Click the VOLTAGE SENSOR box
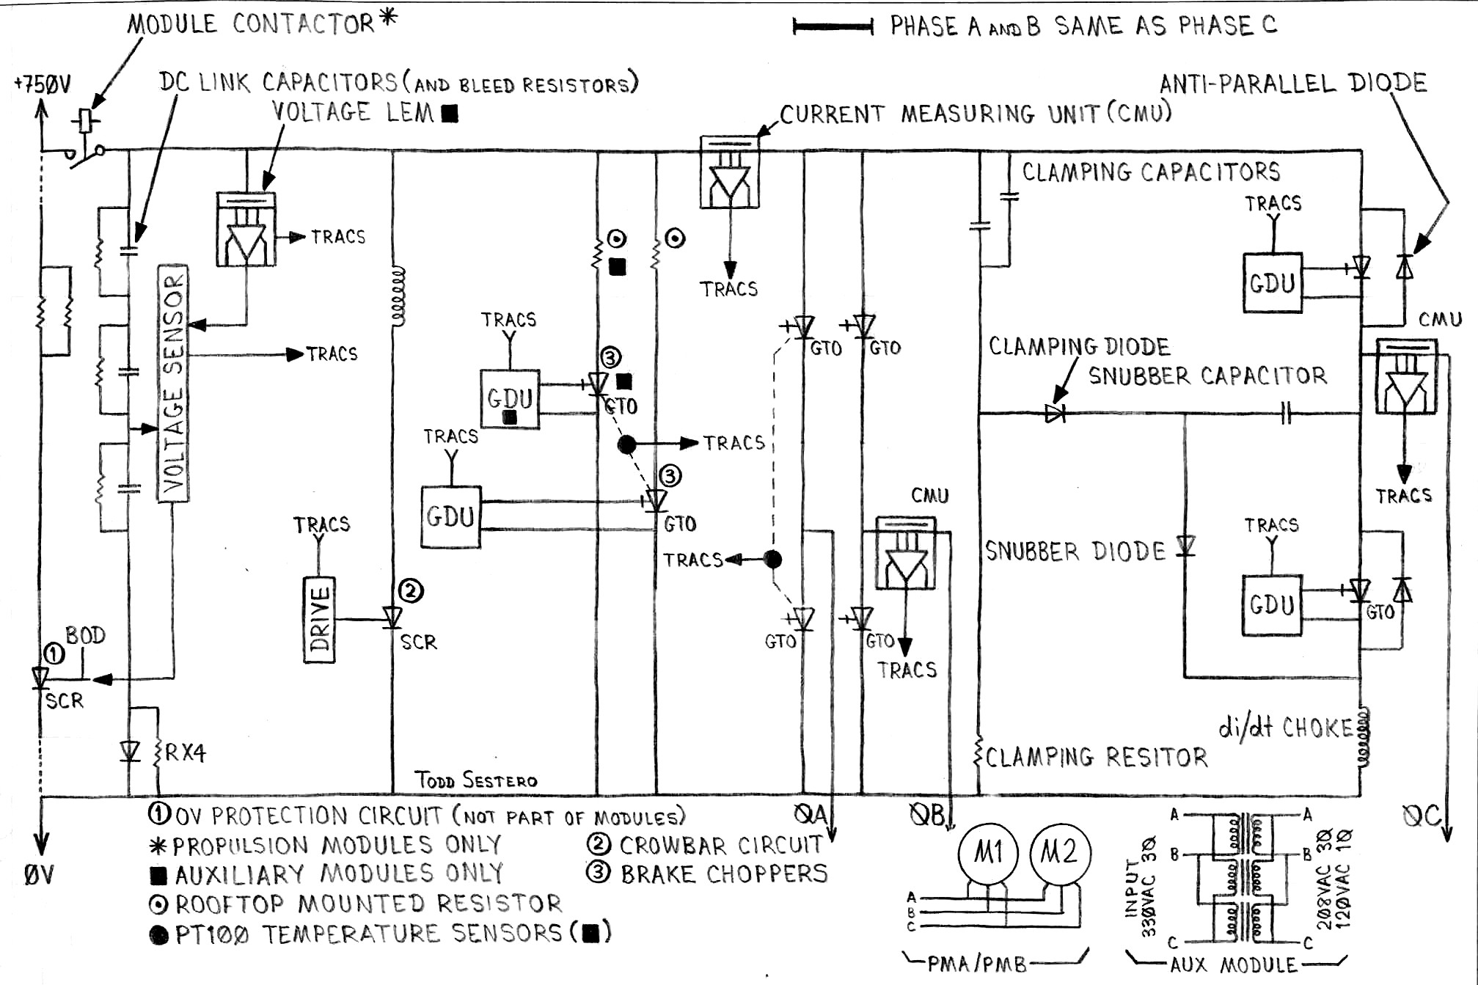pos(173,383)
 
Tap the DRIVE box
pos(319,620)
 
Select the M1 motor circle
pos(987,853)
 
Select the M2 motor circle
pos(1060,853)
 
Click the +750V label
pos(43,84)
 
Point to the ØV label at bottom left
pos(38,875)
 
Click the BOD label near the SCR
pos(85,635)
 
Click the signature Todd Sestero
pos(475,780)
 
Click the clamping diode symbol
pos(1055,414)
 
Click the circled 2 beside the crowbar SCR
pos(411,590)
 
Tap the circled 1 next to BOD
pos(54,653)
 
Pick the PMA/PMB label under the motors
pos(976,964)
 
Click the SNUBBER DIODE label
pos(1075,552)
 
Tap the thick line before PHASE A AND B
pos(833,28)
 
